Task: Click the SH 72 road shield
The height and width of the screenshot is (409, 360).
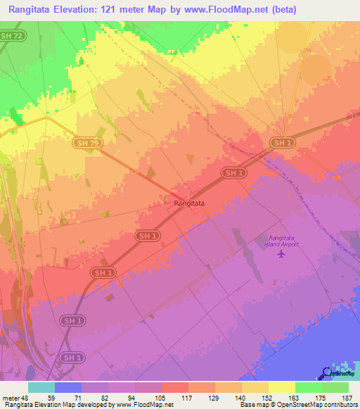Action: [11, 34]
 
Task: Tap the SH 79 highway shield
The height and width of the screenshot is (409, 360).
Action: [83, 143]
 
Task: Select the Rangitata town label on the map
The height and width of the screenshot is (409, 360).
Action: [189, 203]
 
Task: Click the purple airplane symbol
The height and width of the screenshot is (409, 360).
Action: [281, 254]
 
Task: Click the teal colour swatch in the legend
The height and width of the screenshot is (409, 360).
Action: [41, 387]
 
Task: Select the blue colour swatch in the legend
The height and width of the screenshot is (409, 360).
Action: [68, 387]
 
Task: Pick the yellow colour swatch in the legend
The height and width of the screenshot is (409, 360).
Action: [282, 387]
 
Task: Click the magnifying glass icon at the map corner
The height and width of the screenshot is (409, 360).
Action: [327, 374]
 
